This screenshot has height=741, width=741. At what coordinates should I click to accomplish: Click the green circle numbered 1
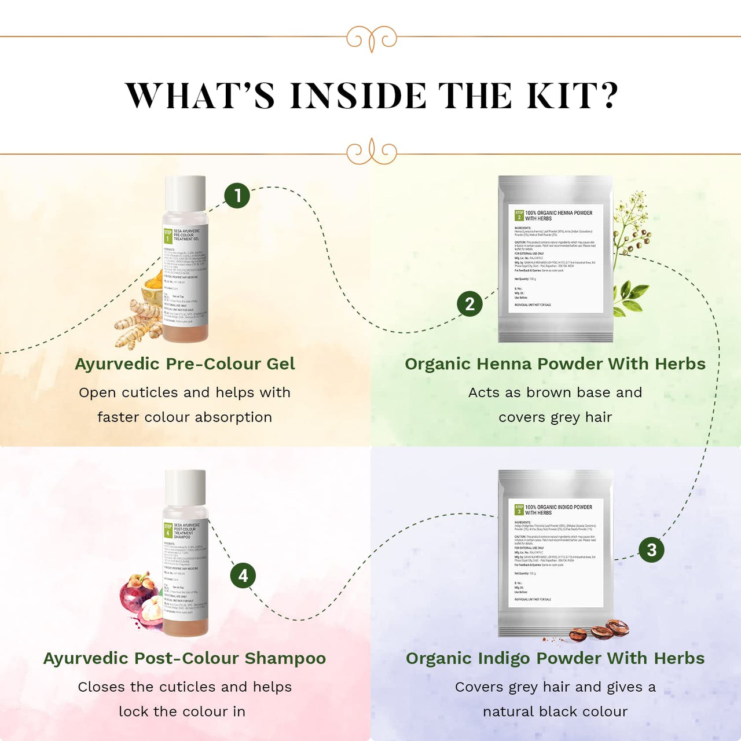237,196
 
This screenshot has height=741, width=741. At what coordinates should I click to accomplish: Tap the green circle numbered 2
469,304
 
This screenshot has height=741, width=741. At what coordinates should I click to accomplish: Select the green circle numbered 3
651,549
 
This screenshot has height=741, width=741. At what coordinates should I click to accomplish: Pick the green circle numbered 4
243,575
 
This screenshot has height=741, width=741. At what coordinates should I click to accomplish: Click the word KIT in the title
571,96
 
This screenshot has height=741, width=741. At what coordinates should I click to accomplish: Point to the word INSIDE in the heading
358,96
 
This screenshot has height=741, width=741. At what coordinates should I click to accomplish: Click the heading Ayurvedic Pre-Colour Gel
185,364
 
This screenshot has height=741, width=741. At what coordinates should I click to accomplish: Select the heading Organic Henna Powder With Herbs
555,364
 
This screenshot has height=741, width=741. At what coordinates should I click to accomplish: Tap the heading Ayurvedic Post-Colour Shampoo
185,658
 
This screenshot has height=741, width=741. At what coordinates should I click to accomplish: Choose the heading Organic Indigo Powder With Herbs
555,658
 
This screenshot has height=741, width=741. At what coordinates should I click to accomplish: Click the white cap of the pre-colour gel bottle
185,194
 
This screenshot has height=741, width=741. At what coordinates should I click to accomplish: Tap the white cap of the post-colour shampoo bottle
185,487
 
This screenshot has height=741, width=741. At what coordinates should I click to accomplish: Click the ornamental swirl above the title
372,38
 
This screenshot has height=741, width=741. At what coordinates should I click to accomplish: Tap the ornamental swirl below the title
372,152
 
